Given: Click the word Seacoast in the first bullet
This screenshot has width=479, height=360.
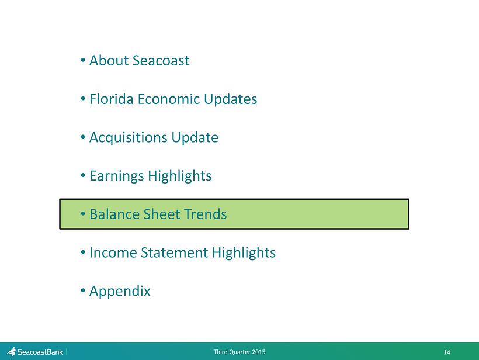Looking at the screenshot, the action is (161, 61).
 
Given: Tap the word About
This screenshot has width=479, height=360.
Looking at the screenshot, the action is (109, 61).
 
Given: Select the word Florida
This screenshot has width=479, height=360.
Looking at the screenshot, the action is (112, 99).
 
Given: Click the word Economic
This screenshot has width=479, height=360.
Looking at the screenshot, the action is (169, 99).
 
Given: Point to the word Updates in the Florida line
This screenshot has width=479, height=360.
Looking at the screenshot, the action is (230, 99).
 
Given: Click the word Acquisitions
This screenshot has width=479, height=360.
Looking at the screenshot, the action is (129, 138).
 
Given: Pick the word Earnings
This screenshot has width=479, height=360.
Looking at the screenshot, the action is (117, 176).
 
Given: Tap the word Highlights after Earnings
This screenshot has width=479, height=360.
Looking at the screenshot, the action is (180, 176).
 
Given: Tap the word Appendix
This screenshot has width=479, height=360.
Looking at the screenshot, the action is (120, 292).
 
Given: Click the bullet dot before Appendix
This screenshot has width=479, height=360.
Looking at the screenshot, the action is (83, 290).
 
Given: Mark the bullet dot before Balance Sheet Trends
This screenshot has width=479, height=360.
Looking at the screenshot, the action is (83, 214).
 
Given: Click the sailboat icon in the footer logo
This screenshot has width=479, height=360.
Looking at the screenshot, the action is (11, 351).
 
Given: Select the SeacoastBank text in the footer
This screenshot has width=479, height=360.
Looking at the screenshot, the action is (40, 352).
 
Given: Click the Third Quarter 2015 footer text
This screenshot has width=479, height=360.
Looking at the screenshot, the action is (239, 352).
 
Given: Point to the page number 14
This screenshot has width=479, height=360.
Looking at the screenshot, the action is (447, 352).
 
